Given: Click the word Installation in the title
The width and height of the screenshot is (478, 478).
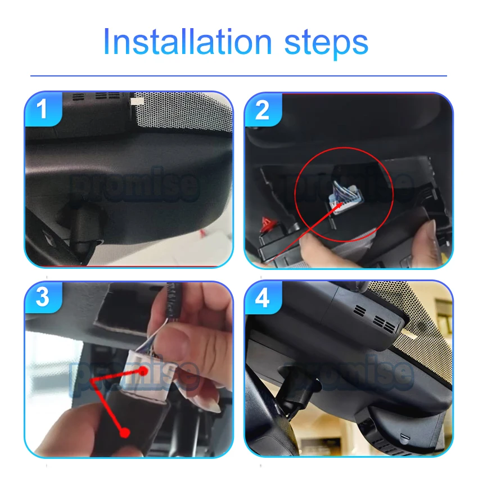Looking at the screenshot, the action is pos(187,42).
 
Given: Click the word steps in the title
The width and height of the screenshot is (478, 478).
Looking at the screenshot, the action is pos(326,44).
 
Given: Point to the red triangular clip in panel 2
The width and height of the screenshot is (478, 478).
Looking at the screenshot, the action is pos(268,223).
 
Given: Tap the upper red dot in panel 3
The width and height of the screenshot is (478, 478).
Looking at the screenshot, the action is pos(142,371).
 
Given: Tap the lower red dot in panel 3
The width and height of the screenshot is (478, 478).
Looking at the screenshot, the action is pos(124,432).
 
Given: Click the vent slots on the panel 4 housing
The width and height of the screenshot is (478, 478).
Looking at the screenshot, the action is pos(376,318).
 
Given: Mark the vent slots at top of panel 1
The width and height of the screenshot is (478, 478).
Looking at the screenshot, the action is pos(97,96).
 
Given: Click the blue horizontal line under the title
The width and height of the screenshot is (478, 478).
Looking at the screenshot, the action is pos(238,75).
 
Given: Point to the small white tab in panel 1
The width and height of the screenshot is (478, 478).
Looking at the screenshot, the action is pos(137,102).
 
